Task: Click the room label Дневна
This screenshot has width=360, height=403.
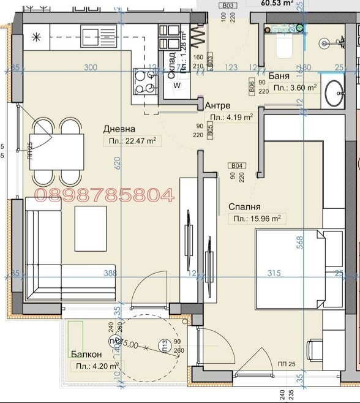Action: [x=119, y=129]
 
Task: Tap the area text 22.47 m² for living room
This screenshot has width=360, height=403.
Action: [x=130, y=141]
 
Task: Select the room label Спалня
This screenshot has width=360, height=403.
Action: [x=245, y=207]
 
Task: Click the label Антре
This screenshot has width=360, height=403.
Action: [x=217, y=105]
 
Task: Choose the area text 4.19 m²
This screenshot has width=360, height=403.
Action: [x=231, y=117]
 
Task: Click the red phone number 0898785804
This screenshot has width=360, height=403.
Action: [x=104, y=195]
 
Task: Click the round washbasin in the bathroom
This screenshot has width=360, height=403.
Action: [x=335, y=94]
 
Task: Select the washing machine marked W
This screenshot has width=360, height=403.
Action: [x=177, y=86]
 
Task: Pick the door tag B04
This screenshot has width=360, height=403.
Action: [x=237, y=165]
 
